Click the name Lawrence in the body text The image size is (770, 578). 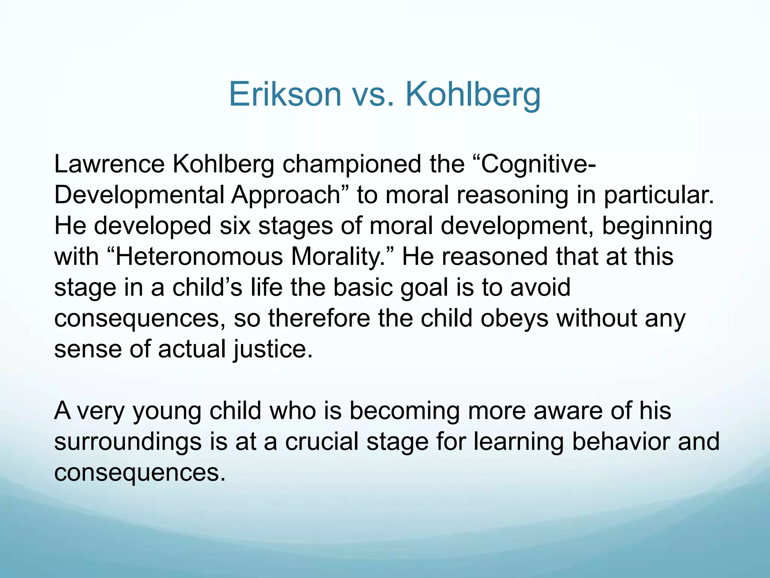coord(109,164)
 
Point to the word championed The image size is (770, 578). coord(352,164)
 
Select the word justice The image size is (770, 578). coord(273,349)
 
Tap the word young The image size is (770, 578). coord(167,411)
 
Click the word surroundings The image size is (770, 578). coord(128,442)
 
